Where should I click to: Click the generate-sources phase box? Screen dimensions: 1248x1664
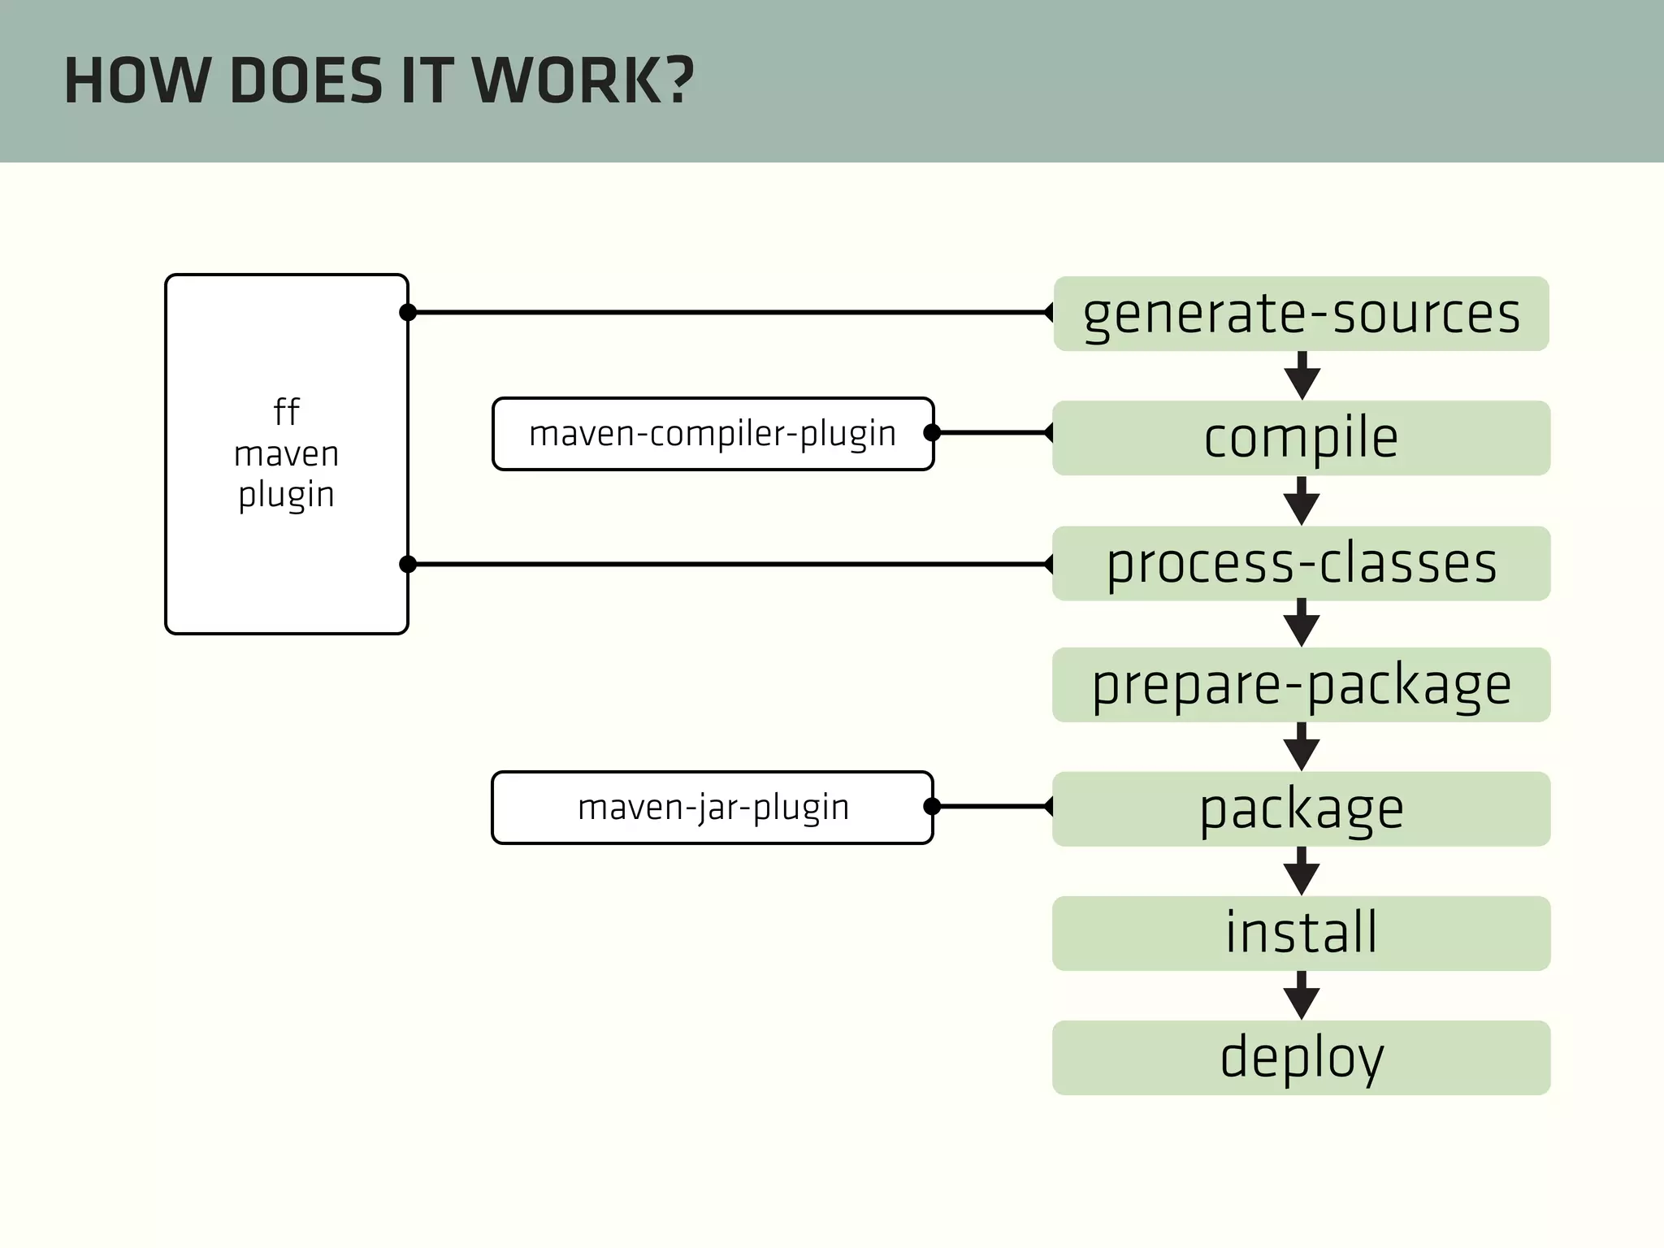coord(1301,314)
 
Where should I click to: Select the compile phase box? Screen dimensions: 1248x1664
coord(1301,438)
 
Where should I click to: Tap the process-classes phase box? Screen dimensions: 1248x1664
coord(1301,563)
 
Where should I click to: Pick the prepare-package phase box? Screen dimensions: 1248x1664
coord(1301,685)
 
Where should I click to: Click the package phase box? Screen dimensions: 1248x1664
coord(1301,809)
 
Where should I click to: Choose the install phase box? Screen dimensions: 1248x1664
coord(1301,933)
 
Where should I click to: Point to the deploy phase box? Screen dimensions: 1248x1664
coord(1301,1058)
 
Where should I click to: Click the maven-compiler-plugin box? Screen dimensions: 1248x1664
coord(713,434)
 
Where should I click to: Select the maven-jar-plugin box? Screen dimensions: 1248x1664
coord(713,808)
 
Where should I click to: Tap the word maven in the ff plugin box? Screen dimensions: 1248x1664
coord(286,454)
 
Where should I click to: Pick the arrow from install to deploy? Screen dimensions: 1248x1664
coord(1302,996)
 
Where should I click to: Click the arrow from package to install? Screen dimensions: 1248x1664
coord(1302,872)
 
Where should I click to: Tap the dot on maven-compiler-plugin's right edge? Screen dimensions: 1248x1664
coord(932,433)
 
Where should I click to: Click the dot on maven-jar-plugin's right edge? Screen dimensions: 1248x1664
coord(932,806)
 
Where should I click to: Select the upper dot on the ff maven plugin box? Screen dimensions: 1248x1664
coord(408,312)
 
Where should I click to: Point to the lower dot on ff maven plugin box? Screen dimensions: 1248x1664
coord(408,564)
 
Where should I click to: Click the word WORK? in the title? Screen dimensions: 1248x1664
coord(583,81)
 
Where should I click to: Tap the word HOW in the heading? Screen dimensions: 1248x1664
coord(136,81)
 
